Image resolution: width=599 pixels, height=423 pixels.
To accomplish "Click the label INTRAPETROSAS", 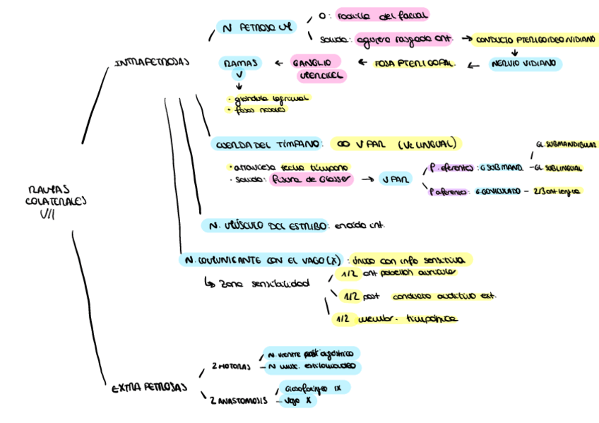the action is point(151,62).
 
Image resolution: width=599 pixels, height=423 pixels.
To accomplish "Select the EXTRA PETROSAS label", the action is point(150,388).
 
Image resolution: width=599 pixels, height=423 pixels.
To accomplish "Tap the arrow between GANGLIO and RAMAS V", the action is point(277,63).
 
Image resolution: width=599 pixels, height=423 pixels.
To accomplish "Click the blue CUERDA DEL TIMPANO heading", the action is point(267,144).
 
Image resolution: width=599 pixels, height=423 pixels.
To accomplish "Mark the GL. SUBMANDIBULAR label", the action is point(566,144).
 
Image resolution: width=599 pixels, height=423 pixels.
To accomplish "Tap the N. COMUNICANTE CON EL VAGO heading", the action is point(263,260).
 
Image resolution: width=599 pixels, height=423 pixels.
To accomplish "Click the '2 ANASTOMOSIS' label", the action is point(239,400).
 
